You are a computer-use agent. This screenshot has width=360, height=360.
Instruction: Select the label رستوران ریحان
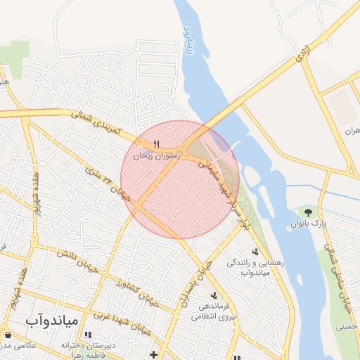click(x=156, y=155)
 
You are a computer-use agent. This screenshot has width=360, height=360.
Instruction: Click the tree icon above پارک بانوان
click(x=307, y=211)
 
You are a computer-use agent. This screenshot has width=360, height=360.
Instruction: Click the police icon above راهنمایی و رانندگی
click(x=255, y=251)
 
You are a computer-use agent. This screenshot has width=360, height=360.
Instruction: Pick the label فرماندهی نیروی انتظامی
click(x=211, y=311)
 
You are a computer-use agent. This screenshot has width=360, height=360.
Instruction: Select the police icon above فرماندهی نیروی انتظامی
click(x=213, y=295)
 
